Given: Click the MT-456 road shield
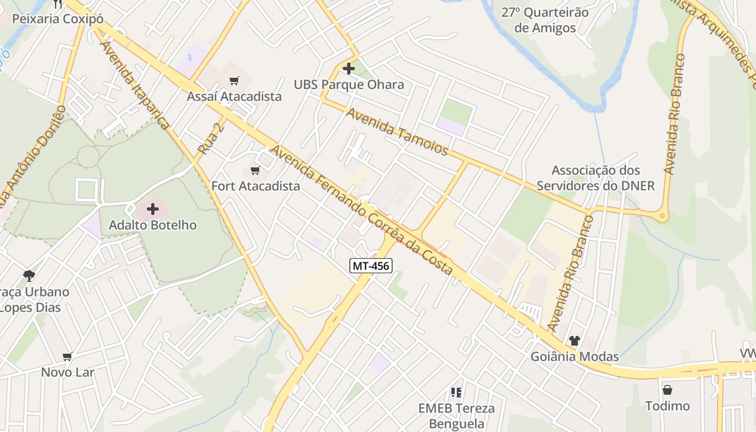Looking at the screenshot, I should [370, 265].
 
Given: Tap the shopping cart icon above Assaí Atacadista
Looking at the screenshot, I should [234, 81].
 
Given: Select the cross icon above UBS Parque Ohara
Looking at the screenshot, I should [349, 69].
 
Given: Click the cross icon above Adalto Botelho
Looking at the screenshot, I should [153, 208].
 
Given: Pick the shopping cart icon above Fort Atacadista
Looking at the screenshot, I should [255, 171].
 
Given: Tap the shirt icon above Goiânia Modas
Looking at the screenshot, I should [574, 341].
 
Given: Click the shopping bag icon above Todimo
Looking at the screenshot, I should [667, 390].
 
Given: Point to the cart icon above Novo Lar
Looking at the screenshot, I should [67, 356].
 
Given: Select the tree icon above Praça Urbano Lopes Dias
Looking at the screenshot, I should [29, 276].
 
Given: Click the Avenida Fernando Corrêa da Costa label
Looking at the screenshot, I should [361, 210].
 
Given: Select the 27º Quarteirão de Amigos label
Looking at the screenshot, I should [545, 20].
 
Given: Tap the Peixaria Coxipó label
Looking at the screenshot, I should [58, 19].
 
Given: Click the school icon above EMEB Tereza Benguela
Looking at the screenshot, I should [456, 393].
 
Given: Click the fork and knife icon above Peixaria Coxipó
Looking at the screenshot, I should [58, 4].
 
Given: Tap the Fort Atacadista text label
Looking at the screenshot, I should [255, 186].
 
